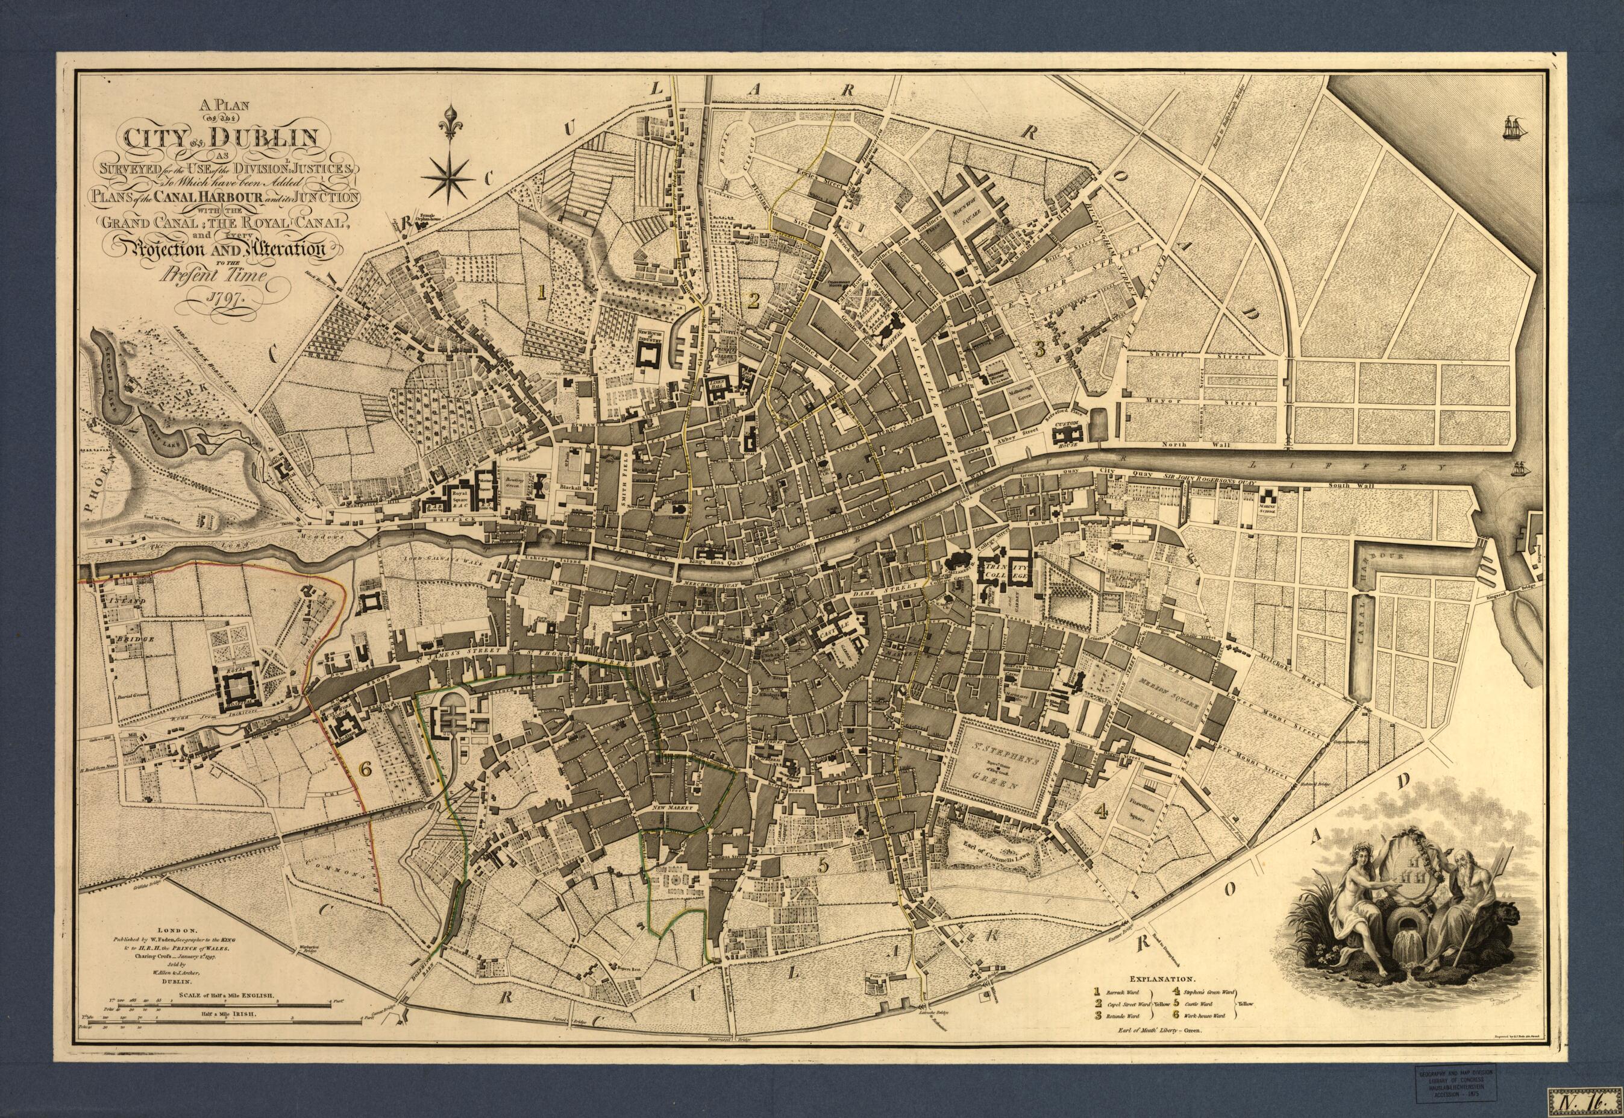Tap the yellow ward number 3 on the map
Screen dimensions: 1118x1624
1040,346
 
